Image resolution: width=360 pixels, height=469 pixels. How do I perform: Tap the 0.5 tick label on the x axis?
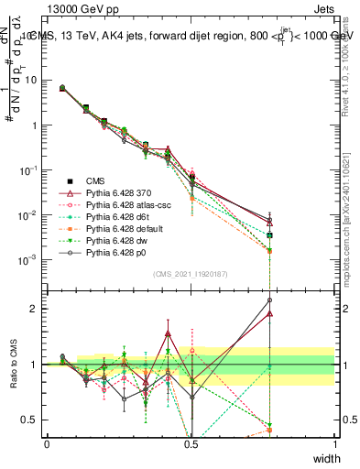point(191,443)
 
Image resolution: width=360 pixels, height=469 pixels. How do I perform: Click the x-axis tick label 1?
point(334,443)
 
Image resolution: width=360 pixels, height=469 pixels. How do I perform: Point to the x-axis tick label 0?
point(47,443)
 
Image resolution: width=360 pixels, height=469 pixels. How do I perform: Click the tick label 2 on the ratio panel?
point(35,309)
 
